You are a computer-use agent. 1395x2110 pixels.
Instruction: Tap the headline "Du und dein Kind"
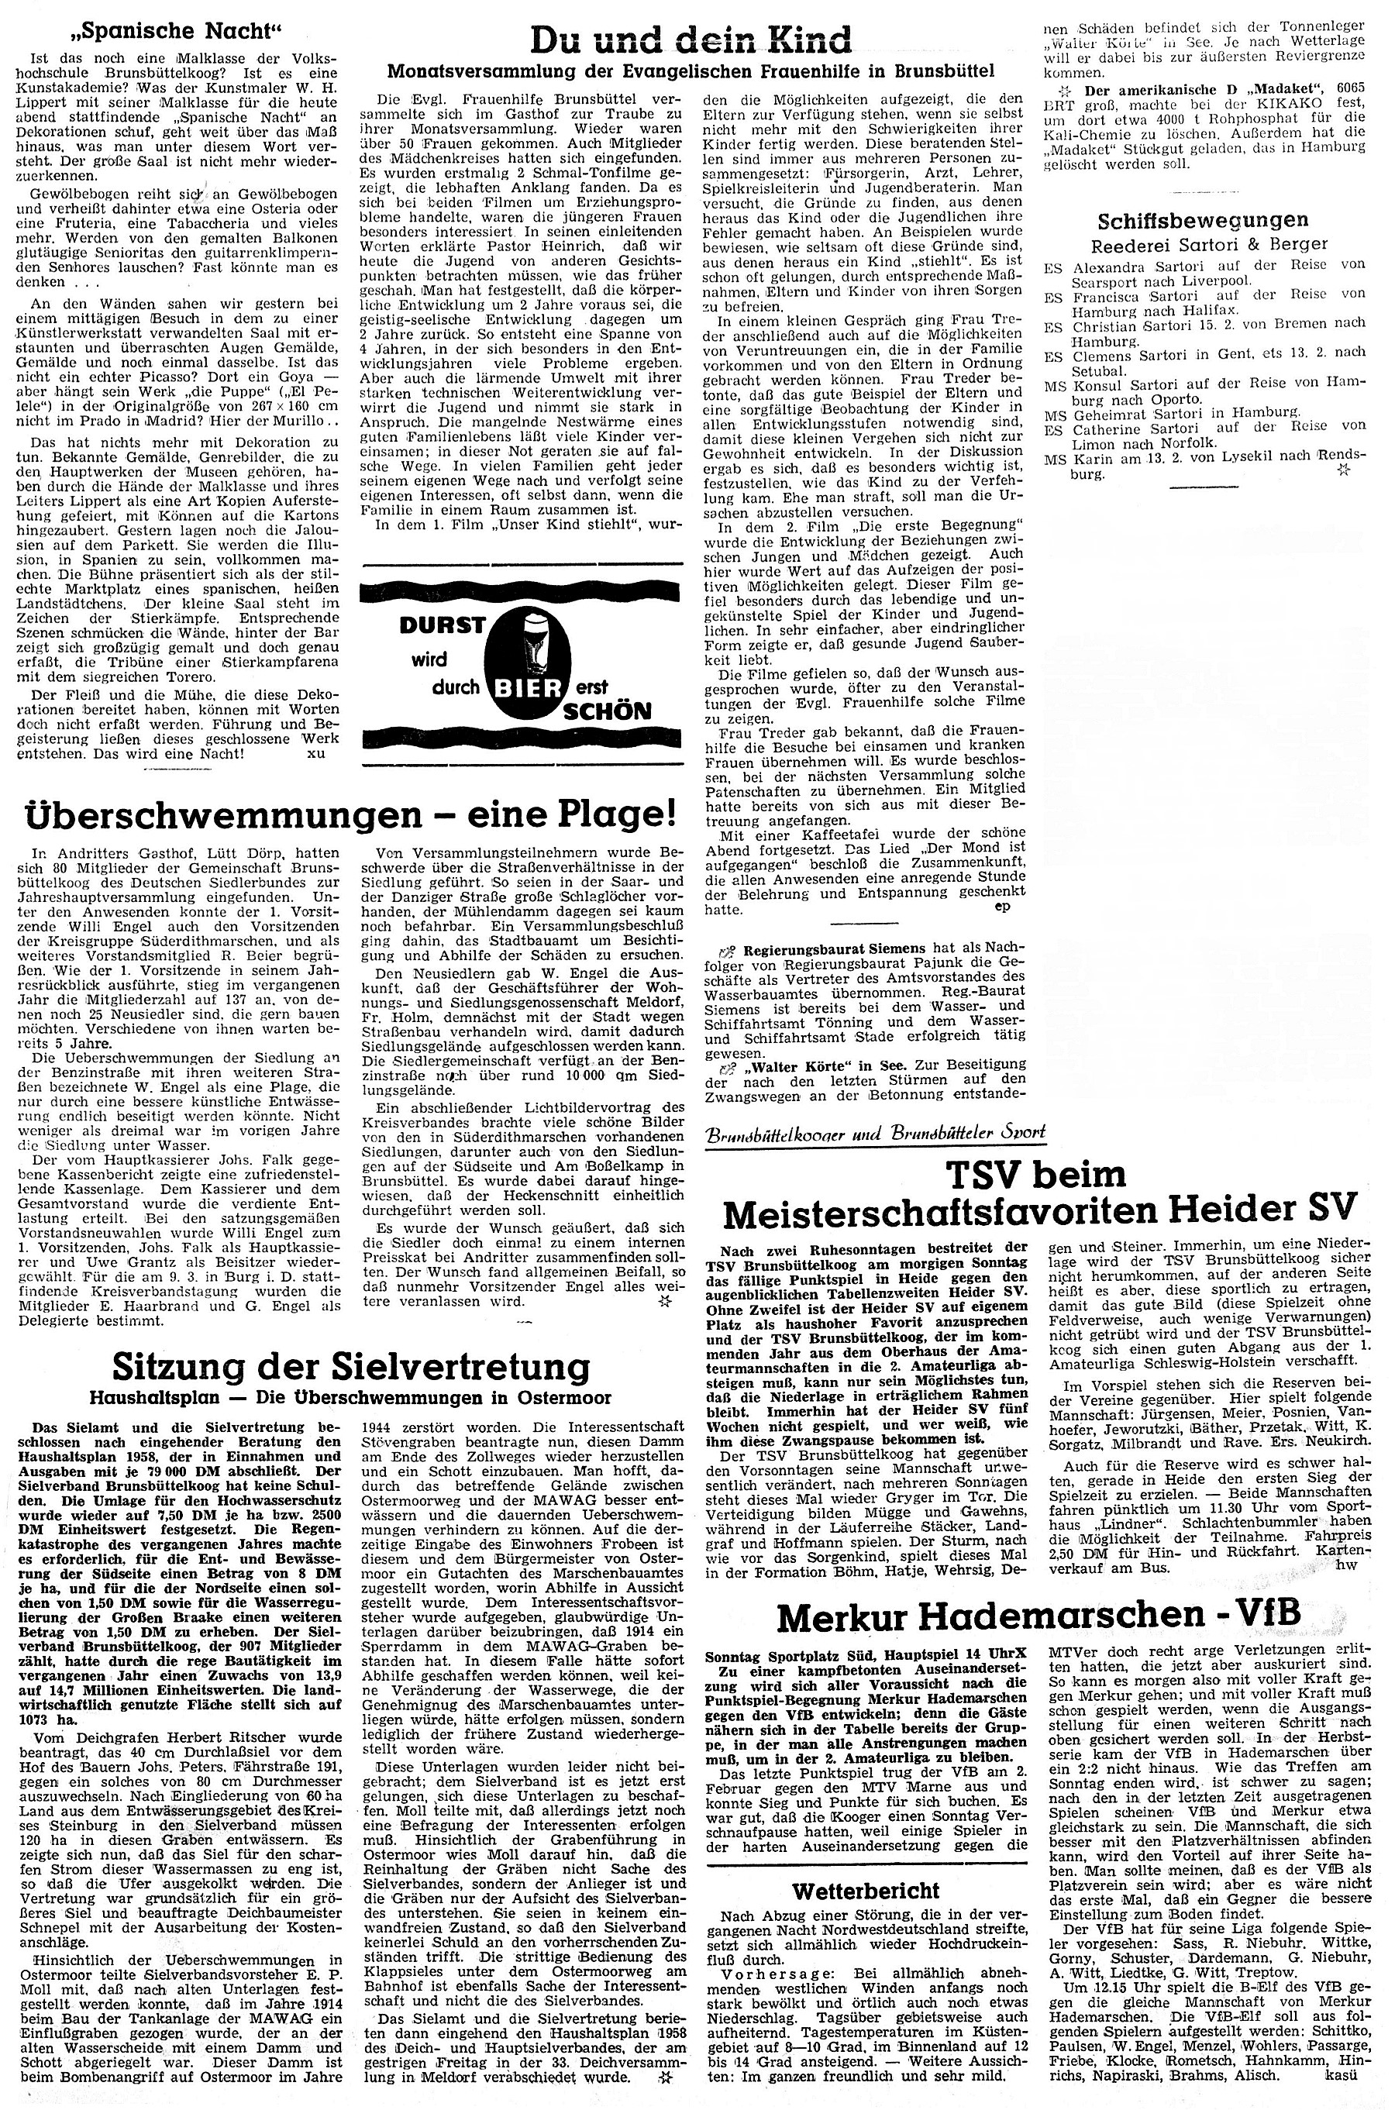[691, 40]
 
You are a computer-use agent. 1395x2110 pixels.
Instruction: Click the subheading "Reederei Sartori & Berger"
[1203, 245]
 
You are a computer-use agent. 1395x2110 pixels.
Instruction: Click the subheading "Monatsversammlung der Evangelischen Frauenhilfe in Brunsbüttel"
[691, 71]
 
